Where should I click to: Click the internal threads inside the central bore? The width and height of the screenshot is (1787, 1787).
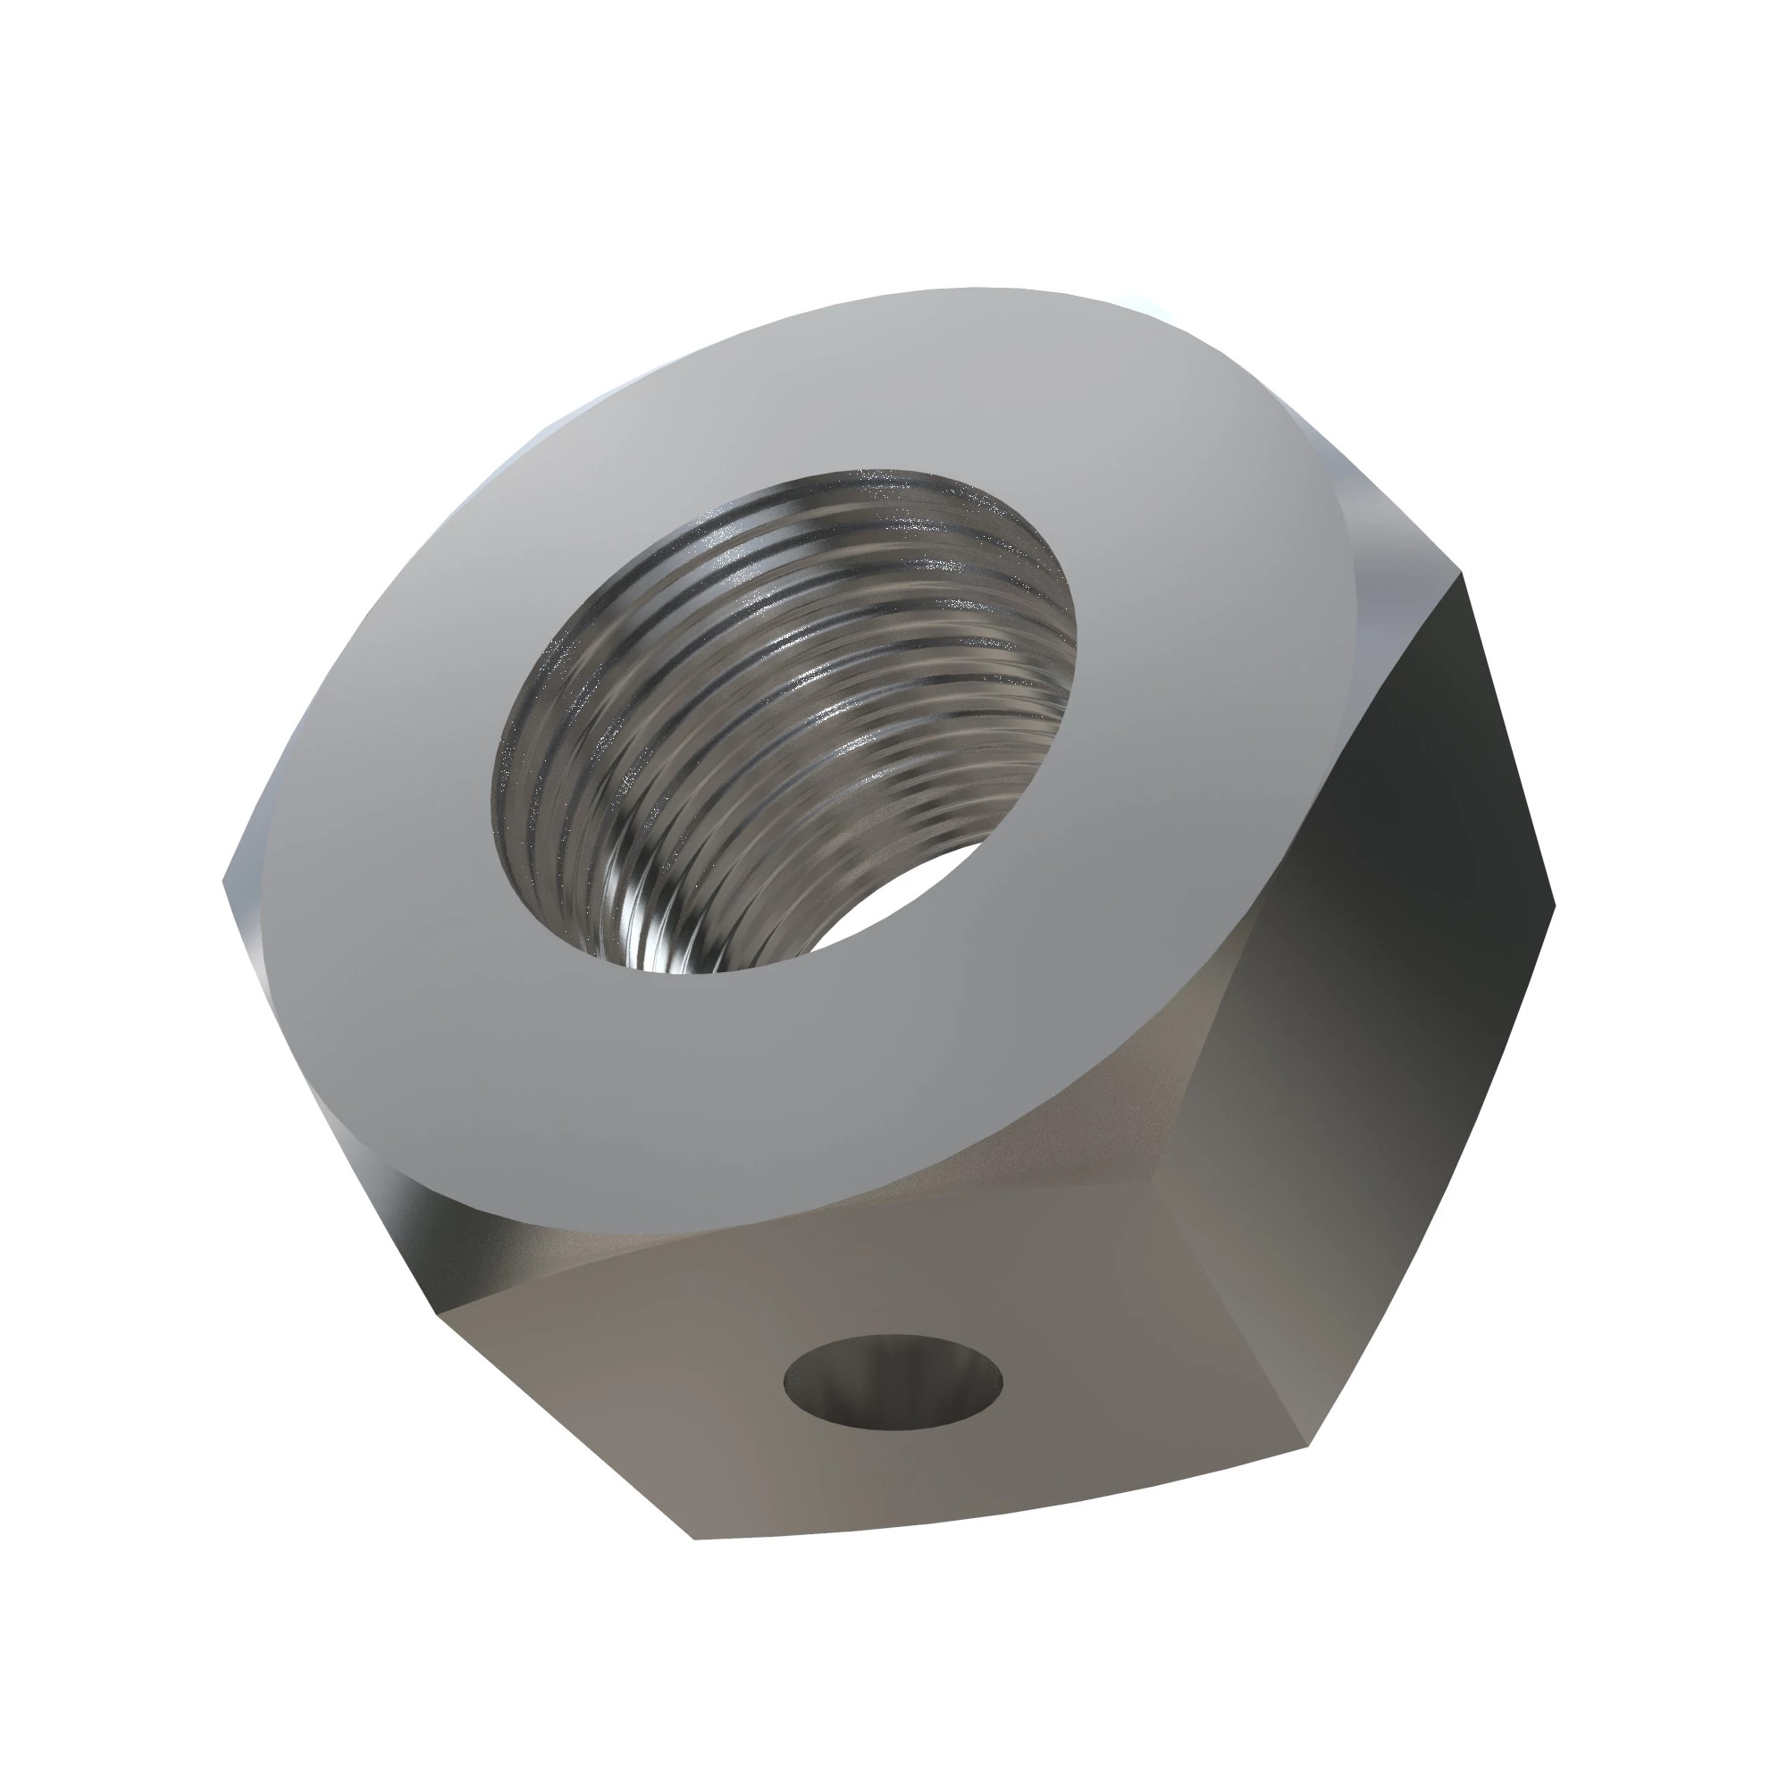pyautogui.click(x=740, y=740)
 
